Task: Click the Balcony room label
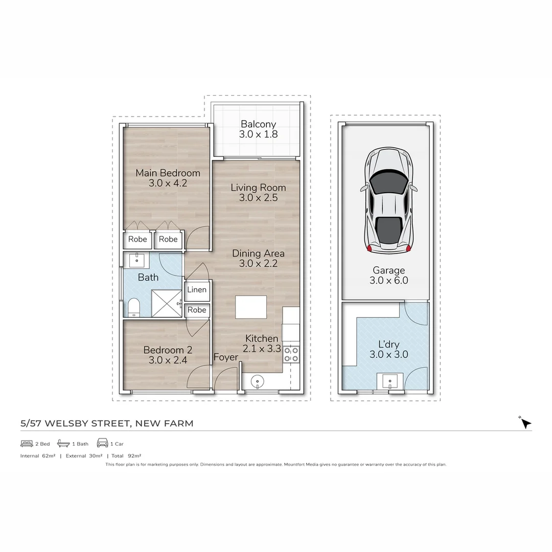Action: [x=258, y=124]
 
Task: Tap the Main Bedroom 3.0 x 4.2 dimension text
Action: [x=168, y=183]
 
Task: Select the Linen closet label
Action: [x=197, y=289]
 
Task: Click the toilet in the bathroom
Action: [x=134, y=307]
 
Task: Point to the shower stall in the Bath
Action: [x=167, y=303]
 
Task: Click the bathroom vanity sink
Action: [x=136, y=261]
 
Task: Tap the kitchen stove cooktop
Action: [x=291, y=355]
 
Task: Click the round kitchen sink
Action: [x=258, y=381]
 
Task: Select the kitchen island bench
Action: [x=250, y=307]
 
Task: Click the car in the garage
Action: [x=388, y=200]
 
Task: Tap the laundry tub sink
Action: [x=390, y=381]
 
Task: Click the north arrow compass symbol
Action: [x=525, y=423]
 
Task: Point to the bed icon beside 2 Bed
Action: [x=27, y=444]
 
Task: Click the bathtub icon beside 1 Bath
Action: [x=63, y=443]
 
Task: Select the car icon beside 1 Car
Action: [x=102, y=443]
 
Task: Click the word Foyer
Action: [x=226, y=357]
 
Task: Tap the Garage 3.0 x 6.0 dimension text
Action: [x=388, y=281]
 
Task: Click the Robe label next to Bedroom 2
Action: [x=197, y=310]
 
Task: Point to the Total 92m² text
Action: [x=126, y=456]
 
